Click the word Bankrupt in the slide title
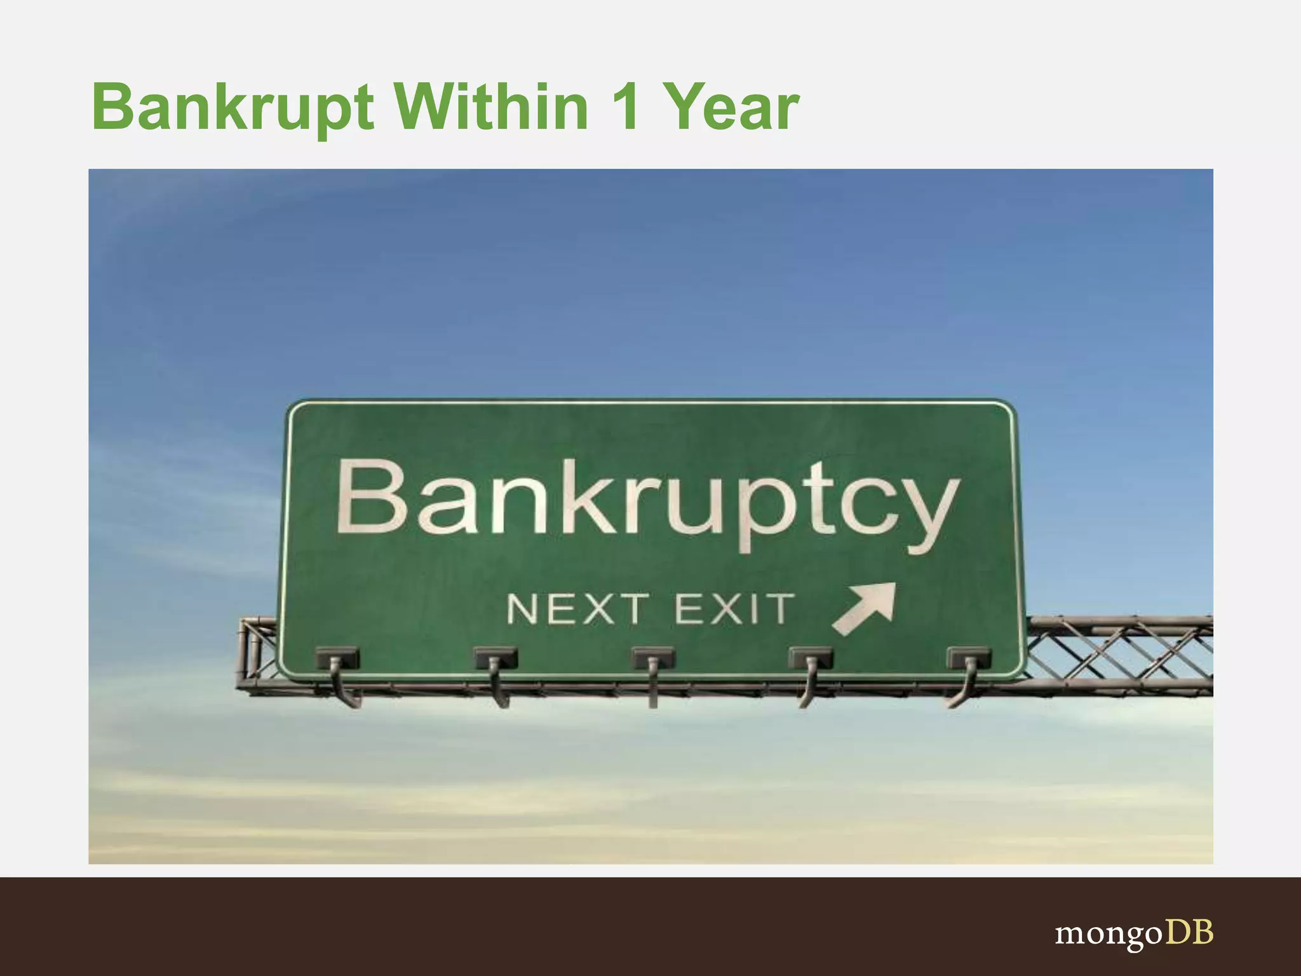[x=233, y=108]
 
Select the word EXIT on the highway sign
[x=734, y=609]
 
